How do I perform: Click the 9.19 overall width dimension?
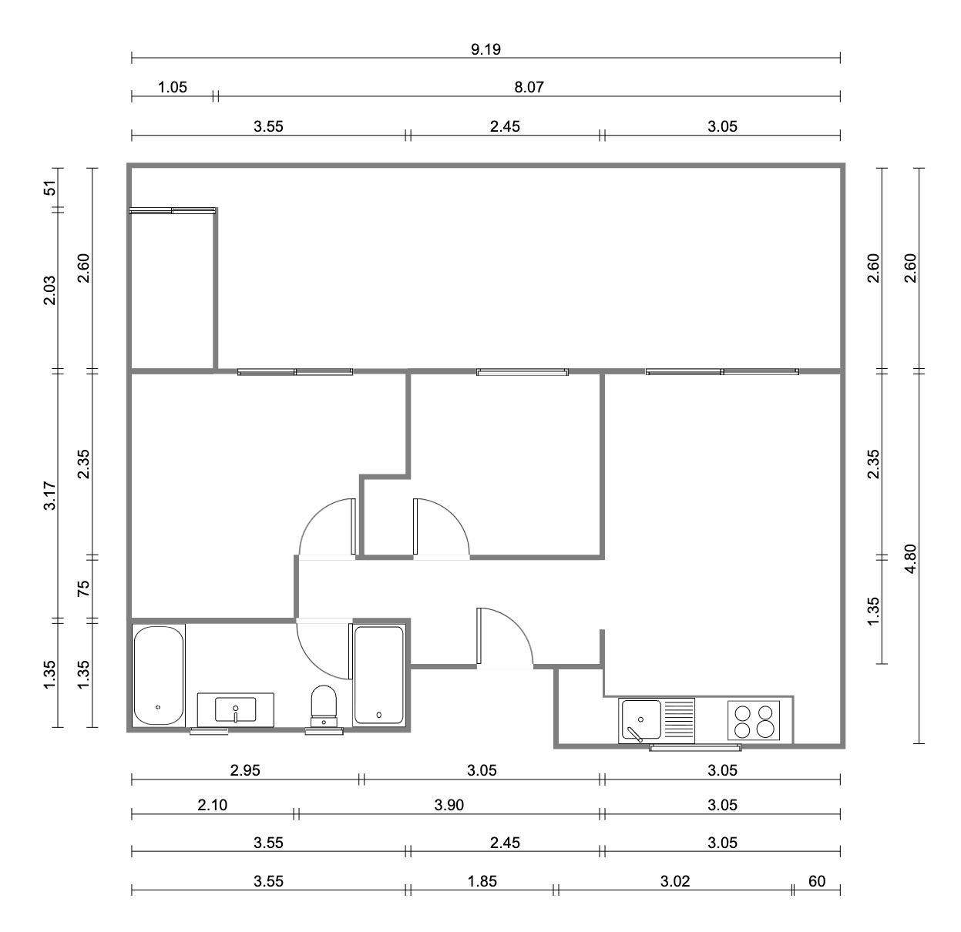click(486, 49)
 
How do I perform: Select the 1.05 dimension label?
click(173, 87)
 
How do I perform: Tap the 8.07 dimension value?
click(529, 87)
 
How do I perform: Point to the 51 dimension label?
click(50, 188)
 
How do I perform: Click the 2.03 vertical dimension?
click(50, 290)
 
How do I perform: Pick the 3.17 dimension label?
click(50, 495)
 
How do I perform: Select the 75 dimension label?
click(84, 588)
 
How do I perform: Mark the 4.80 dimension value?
click(911, 558)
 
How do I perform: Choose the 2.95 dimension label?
click(245, 770)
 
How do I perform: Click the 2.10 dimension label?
click(213, 805)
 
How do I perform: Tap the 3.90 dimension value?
click(449, 805)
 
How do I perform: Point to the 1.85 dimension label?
click(482, 881)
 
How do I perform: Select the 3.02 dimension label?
click(675, 881)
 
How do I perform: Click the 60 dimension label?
click(818, 881)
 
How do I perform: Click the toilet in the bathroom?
click(324, 706)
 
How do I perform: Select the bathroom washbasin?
click(236, 710)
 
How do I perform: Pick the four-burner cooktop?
click(754, 720)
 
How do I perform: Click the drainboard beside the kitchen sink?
click(679, 720)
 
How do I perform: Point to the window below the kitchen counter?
click(695, 748)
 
